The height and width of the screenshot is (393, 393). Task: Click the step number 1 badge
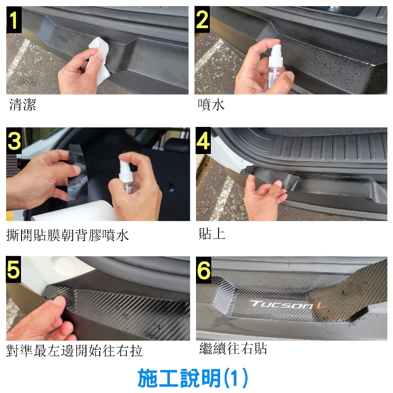click(14, 20)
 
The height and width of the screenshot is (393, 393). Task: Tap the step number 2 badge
click(202, 20)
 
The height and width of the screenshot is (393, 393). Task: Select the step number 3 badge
click(14, 141)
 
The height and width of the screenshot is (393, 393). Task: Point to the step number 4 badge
click(203, 141)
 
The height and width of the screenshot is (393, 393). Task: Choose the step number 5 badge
click(13, 270)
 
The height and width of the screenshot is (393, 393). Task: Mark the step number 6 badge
click(204, 270)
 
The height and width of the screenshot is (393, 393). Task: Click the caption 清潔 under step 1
click(23, 105)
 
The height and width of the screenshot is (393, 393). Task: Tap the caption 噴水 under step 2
click(211, 105)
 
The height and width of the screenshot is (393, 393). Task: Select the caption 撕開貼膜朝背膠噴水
click(68, 235)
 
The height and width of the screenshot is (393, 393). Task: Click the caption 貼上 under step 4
click(212, 233)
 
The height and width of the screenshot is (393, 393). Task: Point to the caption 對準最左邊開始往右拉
click(74, 351)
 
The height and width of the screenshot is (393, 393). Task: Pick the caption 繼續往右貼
click(233, 348)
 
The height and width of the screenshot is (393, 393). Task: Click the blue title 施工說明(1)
click(193, 378)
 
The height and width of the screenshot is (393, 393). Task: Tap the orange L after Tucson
click(321, 305)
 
